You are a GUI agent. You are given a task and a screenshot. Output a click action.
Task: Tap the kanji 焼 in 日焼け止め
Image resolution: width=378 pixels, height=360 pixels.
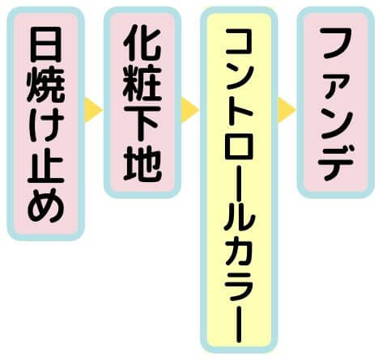(x=46, y=86)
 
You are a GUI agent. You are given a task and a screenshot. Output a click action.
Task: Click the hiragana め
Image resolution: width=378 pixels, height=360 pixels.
(x=46, y=205)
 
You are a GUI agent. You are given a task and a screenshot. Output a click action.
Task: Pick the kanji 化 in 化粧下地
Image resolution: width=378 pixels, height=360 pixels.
(x=142, y=44)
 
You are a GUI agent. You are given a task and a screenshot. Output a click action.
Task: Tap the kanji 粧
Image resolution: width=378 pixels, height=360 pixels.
(x=142, y=85)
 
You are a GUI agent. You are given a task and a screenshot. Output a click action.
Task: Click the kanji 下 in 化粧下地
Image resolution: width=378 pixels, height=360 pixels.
(x=142, y=125)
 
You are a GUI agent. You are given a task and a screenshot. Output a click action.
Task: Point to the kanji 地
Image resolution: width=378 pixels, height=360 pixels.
(x=142, y=164)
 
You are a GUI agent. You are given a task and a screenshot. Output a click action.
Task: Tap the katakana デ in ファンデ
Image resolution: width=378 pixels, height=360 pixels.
(x=336, y=163)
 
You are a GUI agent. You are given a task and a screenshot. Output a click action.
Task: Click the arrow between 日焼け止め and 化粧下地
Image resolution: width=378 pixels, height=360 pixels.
(x=93, y=110)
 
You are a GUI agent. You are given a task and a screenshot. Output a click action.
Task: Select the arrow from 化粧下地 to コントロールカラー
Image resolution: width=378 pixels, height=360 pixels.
(x=189, y=110)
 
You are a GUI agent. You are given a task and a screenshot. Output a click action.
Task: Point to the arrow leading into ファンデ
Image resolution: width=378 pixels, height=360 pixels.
(x=287, y=110)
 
